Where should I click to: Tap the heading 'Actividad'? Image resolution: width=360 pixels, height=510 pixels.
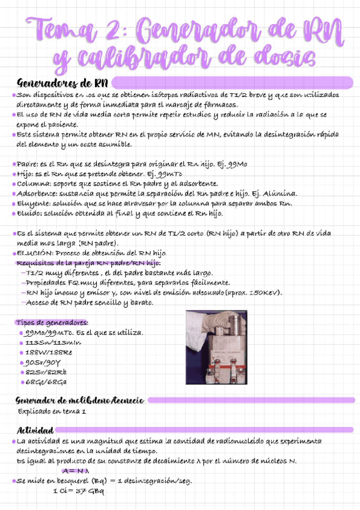(35, 430)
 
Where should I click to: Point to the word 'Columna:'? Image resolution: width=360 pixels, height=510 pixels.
(34, 183)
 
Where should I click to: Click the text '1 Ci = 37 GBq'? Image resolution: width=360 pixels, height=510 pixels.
(78, 491)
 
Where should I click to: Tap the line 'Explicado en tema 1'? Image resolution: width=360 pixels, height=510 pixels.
(52, 411)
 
